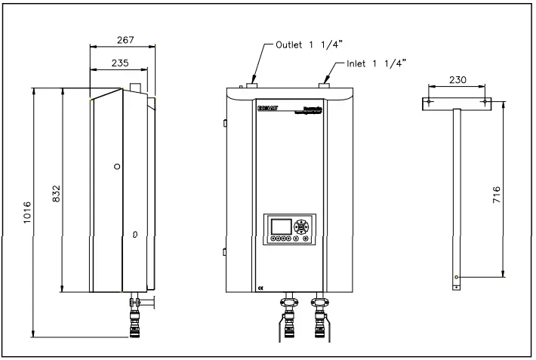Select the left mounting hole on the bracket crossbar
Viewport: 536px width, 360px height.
point(429,101)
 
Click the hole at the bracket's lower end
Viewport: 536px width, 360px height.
point(456,278)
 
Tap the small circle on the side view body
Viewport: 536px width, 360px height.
point(116,166)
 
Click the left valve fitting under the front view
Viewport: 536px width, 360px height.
point(289,306)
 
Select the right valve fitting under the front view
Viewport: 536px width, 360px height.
point(319,306)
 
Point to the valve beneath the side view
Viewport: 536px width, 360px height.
point(137,304)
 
